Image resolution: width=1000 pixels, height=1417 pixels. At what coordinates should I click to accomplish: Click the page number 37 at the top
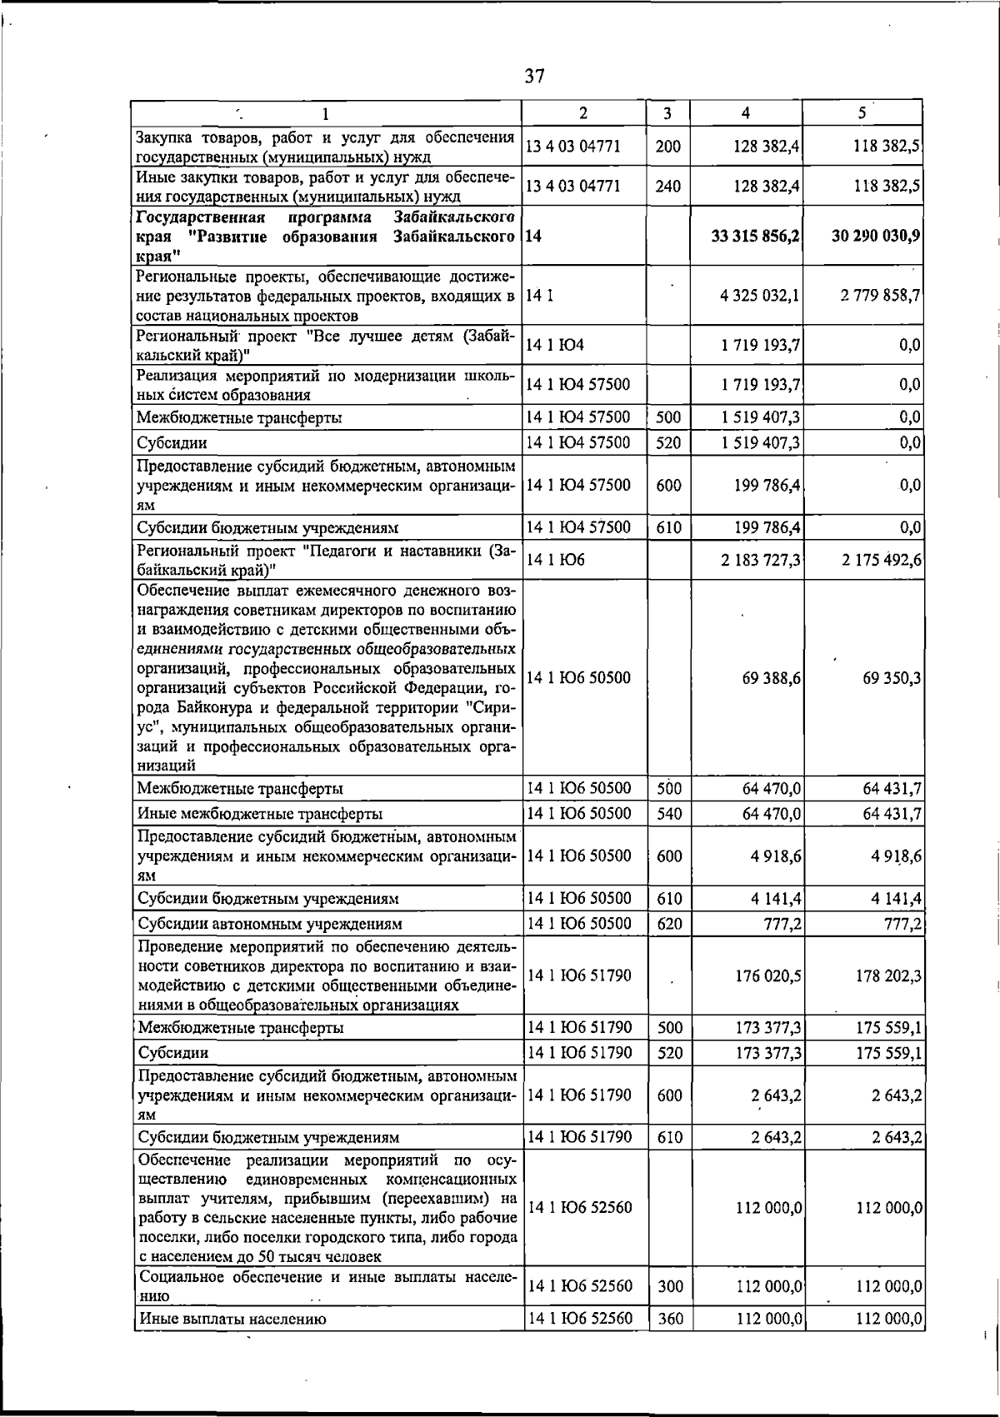[534, 77]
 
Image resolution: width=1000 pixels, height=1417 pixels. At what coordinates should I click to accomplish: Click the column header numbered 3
[668, 113]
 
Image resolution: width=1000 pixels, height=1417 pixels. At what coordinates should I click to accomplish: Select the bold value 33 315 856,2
[756, 236]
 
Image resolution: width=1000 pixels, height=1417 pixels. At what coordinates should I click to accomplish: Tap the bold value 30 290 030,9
[876, 236]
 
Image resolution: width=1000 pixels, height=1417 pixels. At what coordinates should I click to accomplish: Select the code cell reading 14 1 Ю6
[555, 561]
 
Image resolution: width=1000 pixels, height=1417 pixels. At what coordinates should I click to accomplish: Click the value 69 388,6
[772, 678]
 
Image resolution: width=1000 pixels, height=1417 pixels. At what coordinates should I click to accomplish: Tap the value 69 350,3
[892, 678]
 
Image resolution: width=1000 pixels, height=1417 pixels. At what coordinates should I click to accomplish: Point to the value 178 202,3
[888, 975]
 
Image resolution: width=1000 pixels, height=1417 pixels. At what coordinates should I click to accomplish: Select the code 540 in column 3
[668, 813]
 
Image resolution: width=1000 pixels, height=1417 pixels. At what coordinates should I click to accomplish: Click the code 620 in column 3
[668, 923]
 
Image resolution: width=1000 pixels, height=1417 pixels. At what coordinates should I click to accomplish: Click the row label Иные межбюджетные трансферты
[260, 814]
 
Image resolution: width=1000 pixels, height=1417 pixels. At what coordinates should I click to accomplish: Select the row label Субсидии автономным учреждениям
[270, 924]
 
